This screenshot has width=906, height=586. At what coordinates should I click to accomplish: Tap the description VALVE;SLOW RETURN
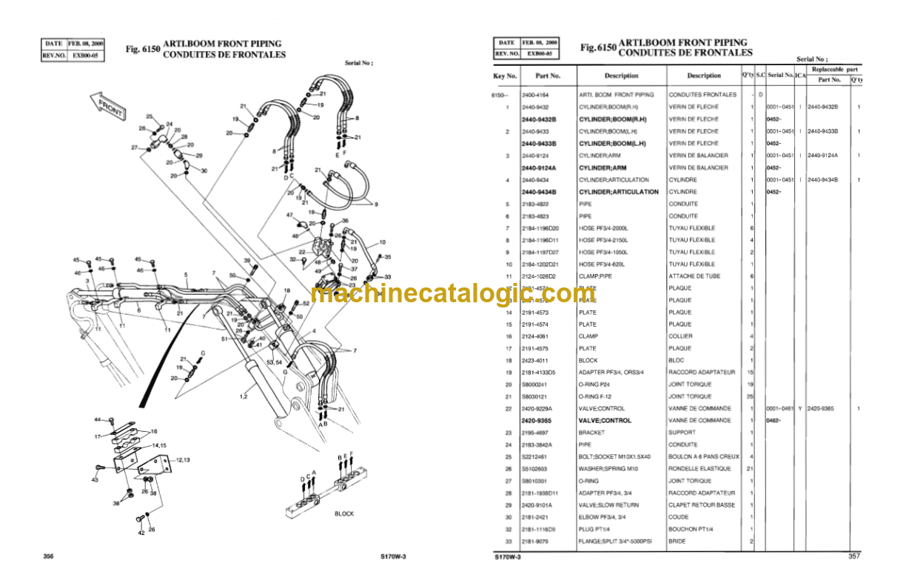tap(608, 505)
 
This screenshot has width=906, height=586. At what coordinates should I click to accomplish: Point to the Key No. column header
tap(505, 76)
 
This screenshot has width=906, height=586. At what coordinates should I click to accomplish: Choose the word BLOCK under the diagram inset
tap(344, 513)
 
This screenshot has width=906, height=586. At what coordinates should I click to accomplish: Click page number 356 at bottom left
tap(50, 556)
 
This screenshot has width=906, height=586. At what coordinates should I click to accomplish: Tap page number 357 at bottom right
tap(853, 556)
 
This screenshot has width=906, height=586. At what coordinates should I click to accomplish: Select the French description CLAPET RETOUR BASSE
tap(701, 505)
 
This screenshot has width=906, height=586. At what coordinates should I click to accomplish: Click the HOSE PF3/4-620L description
tap(605, 264)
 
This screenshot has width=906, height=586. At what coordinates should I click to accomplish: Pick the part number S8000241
tap(534, 384)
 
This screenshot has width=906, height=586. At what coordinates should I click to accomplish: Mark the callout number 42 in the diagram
tap(141, 531)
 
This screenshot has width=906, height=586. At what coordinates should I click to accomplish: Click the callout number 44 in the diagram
tap(96, 420)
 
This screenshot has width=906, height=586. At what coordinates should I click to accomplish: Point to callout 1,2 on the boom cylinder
tap(244, 396)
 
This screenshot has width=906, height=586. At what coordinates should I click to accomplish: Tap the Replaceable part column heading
tap(834, 68)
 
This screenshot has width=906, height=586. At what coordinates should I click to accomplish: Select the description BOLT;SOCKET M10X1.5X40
tap(617, 456)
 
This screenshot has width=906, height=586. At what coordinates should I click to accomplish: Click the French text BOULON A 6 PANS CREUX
tap(703, 456)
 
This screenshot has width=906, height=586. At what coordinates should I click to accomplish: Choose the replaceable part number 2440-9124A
tap(823, 155)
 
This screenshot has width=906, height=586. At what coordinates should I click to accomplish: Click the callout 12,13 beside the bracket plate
tap(182, 459)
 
